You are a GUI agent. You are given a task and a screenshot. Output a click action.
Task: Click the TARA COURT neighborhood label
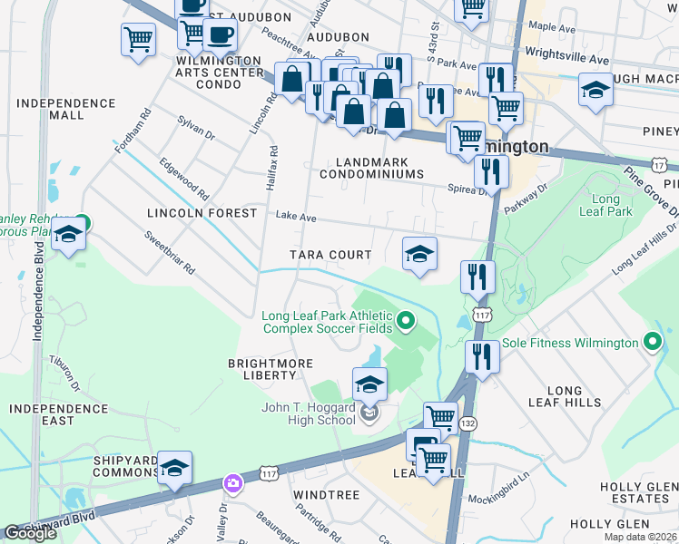[x=330, y=255]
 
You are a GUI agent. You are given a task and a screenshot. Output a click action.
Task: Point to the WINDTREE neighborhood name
[x=327, y=495]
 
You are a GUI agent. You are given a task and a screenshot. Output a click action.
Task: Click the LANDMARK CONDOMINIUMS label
[x=373, y=168]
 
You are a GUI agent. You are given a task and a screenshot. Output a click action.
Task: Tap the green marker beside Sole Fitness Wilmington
[x=652, y=343]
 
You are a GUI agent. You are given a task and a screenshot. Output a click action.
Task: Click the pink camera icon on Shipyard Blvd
[x=233, y=482]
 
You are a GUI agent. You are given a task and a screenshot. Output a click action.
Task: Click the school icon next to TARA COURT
[x=419, y=254]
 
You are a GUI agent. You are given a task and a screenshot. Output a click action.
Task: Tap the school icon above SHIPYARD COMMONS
[x=175, y=467]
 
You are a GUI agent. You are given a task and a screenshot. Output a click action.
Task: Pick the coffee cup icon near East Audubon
[x=219, y=34]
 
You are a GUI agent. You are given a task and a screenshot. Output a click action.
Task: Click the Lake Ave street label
[x=296, y=218]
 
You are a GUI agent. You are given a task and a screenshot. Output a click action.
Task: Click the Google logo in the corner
[x=31, y=533]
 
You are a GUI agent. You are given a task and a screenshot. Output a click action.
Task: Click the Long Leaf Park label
[x=611, y=205]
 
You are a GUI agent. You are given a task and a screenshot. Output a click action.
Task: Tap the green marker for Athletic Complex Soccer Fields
[x=407, y=319]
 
